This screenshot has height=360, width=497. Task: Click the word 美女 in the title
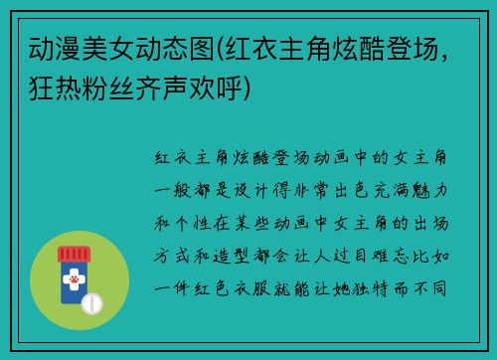(x=109, y=47)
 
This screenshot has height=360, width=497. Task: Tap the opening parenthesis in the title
(x=223, y=47)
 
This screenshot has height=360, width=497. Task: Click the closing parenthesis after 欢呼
(x=257, y=90)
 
